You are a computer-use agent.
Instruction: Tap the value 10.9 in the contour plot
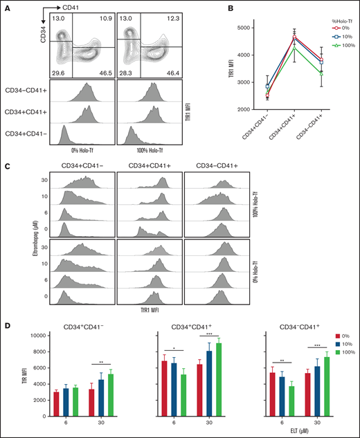[100, 24]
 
